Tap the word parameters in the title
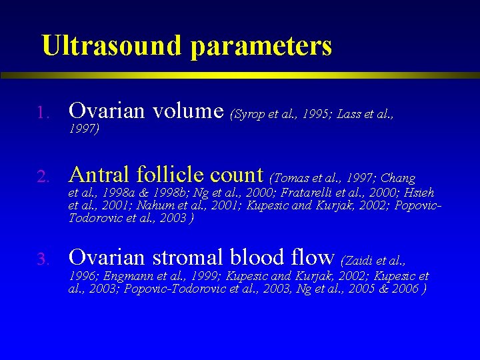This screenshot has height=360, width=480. point(261,47)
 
